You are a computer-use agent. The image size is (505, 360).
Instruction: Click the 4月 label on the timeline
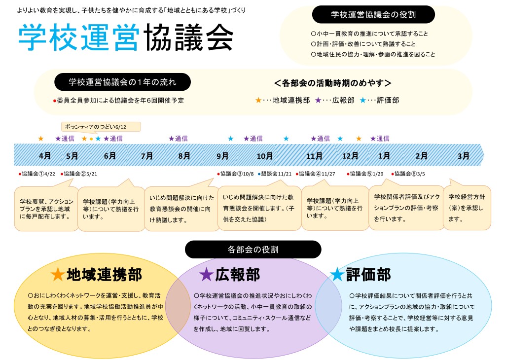[x=45, y=156]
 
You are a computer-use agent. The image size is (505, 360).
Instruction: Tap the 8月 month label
[x=184, y=156]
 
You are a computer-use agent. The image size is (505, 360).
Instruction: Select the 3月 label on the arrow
[x=464, y=156]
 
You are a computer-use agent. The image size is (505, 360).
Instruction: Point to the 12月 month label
[x=350, y=156]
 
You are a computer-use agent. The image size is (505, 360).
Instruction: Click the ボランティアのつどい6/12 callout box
[x=101, y=127]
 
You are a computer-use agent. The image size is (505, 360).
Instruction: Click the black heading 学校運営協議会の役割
[x=373, y=15]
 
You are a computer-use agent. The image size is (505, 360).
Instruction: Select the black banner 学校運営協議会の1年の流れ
[x=122, y=82]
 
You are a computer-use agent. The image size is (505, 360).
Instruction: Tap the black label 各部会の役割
[x=253, y=250]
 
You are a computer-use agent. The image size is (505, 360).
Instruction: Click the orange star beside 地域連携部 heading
[x=57, y=275]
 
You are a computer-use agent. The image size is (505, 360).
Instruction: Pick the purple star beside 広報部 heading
[x=206, y=275]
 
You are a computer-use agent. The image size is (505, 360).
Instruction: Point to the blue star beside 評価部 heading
[x=337, y=274]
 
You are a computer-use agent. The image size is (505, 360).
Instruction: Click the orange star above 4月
[x=40, y=139]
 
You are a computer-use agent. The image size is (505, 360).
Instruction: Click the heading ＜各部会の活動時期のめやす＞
[x=333, y=83]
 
